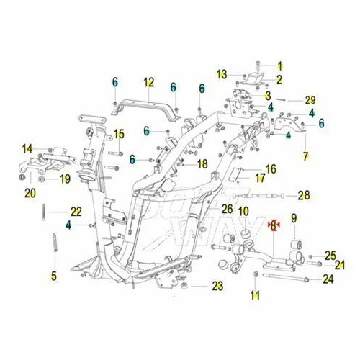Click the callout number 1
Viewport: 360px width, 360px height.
[280, 66]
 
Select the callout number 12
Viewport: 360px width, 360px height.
[149, 82]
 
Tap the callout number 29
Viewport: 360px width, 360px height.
[310, 100]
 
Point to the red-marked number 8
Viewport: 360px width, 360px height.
[274, 225]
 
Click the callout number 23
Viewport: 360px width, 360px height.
[217, 286]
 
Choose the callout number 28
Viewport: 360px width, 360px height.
[304, 195]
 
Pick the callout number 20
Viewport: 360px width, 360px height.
[30, 193]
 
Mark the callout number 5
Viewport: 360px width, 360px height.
[54, 276]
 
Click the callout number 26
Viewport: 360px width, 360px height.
[227, 209]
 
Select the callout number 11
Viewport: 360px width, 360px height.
[255, 295]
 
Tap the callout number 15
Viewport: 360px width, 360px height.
[119, 134]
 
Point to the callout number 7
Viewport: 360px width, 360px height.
[305, 157]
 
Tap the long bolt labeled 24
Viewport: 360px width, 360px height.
[285, 277]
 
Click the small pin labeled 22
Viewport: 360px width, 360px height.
[44, 212]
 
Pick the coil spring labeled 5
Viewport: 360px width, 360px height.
[55, 242]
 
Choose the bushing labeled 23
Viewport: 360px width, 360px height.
[184, 286]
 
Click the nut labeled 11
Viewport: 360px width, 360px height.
[256, 274]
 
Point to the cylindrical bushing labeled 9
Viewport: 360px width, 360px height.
[296, 244]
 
